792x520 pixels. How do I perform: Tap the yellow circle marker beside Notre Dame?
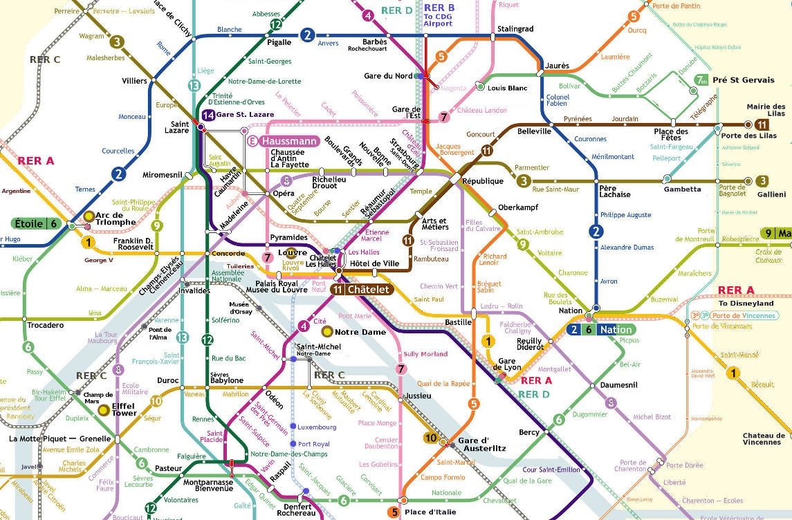click(327, 332)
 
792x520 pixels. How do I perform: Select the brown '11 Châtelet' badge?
click(361, 290)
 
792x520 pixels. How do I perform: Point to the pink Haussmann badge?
click(284, 141)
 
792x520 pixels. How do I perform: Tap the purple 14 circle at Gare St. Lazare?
click(209, 115)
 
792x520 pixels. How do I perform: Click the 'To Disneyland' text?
click(746, 303)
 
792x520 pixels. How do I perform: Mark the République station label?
click(484, 180)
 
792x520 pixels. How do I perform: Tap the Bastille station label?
click(458, 322)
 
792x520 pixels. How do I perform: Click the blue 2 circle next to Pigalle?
click(307, 35)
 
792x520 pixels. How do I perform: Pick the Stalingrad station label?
click(515, 29)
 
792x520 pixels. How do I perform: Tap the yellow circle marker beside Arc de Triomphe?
click(89, 216)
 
